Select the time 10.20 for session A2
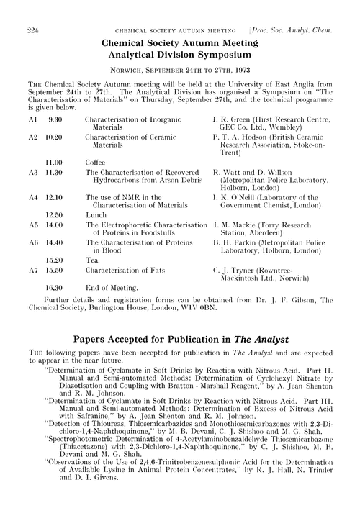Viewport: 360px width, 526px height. pyautogui.click(x=56, y=135)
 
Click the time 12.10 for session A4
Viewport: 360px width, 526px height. pyautogui.click(x=56, y=196)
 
